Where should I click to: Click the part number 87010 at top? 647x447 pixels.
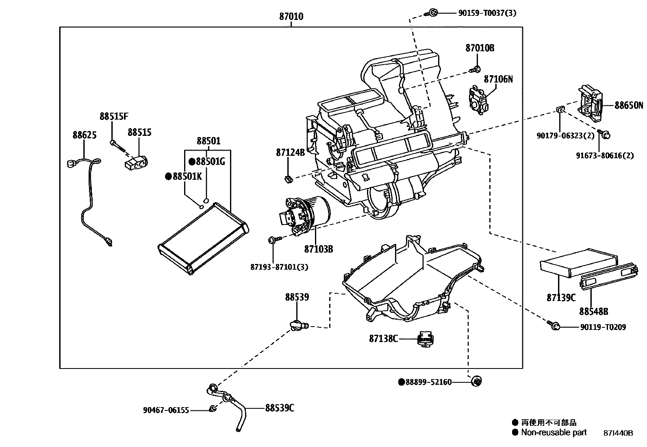[291, 17]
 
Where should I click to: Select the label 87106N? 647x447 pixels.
[498, 79]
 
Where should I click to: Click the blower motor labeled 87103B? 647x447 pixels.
[308, 214]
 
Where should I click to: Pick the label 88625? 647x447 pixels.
[85, 135]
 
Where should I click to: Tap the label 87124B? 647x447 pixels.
[290, 153]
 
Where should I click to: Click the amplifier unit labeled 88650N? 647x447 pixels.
[590, 103]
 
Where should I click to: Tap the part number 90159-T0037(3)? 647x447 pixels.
[487, 13]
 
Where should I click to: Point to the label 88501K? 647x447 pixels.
[187, 176]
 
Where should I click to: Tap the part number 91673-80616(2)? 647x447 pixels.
[605, 155]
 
